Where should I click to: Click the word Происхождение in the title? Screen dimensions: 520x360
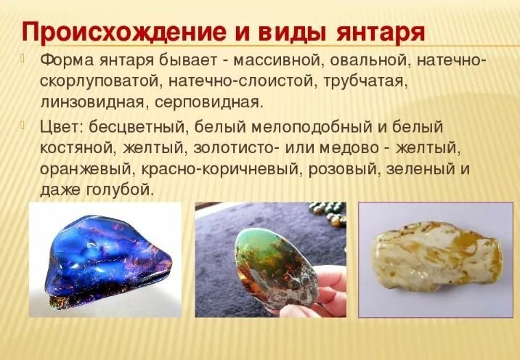124,31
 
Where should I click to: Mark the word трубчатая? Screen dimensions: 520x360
365,81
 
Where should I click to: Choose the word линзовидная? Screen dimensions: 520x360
92,102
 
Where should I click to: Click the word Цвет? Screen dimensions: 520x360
62,126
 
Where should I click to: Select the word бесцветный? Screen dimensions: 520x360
137,126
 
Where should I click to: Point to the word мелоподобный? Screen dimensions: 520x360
312,126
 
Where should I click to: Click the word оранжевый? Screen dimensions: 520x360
86,169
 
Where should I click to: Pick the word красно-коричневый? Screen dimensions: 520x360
220,168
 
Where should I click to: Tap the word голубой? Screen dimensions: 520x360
120,189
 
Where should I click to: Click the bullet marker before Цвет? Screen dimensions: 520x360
23,125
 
